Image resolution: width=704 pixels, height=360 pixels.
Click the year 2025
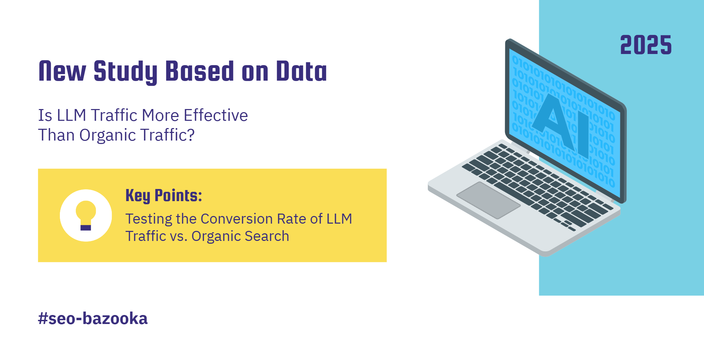[x=646, y=45]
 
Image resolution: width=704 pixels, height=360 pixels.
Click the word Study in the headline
[x=125, y=72]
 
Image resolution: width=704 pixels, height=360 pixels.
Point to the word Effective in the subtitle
[x=216, y=115]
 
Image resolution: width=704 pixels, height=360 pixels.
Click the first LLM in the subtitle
[x=72, y=115]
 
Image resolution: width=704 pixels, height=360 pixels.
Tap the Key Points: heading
[x=164, y=196]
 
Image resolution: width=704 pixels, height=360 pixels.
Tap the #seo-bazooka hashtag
[x=93, y=318]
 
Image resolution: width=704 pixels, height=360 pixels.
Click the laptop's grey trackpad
[x=488, y=200]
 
